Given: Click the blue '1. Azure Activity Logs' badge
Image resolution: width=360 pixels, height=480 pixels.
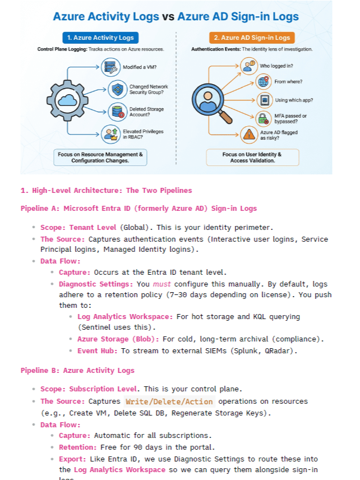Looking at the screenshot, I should tap(100, 38).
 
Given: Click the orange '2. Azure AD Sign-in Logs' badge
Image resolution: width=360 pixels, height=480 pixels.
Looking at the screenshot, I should tap(252, 38).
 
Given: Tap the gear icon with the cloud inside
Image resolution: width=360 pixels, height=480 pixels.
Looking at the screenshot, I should tap(67, 101).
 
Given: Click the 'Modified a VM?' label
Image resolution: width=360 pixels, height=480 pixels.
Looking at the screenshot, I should tap(139, 68).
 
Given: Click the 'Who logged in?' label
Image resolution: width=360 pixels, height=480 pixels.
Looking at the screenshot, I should tap(289, 66).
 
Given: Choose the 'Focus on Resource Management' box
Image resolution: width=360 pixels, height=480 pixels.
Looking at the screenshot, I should tap(100, 157).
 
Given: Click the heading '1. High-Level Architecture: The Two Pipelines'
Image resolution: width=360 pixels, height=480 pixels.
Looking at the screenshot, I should tap(106, 190).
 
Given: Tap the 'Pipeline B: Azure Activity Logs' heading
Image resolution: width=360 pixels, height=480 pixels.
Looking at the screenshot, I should tap(77, 370).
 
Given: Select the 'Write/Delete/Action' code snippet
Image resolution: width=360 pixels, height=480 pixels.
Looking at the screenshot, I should tap(169, 401).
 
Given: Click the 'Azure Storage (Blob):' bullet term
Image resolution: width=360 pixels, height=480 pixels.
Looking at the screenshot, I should tap(118, 339).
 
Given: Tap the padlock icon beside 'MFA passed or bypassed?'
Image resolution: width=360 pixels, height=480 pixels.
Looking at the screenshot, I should tap(263, 118).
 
